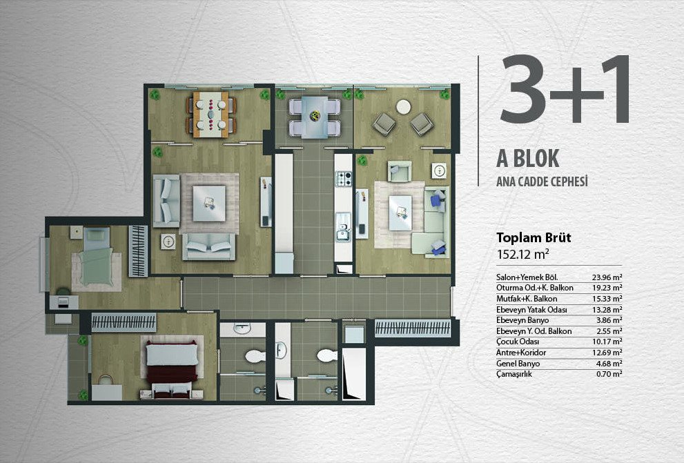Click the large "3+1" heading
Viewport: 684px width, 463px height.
(565, 90)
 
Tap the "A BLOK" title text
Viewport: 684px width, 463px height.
(527, 158)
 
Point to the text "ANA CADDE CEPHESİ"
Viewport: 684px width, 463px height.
(542, 181)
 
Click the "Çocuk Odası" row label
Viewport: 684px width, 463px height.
(518, 342)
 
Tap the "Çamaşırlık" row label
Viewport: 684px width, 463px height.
(514, 374)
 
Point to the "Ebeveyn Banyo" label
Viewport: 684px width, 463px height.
(522, 320)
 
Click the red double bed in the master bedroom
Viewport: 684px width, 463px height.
(171, 367)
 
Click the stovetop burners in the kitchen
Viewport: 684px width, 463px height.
(343, 179)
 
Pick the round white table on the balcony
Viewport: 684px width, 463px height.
(404, 107)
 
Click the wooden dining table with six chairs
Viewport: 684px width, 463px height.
(211, 115)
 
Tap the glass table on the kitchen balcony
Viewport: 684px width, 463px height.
(315, 117)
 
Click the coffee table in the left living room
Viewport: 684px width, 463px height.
(209, 204)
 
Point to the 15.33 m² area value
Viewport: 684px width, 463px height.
(607, 299)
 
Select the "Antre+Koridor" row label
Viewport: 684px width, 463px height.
(521, 353)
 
